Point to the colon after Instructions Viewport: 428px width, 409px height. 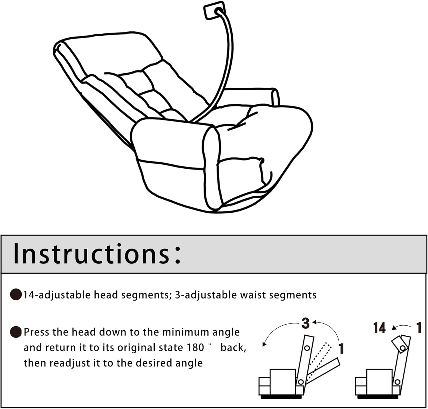[x=177, y=254]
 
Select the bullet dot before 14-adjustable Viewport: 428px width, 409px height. [x=16, y=295]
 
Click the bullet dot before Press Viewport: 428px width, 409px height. [x=16, y=332]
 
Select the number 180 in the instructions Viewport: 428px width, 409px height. [x=195, y=348]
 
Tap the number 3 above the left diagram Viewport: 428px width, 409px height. [x=305, y=323]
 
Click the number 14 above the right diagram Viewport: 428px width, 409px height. [x=379, y=328]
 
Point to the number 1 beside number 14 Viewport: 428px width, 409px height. [x=419, y=328]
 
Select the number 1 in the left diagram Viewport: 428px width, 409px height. [x=341, y=349]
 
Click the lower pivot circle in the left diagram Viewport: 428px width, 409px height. [x=300, y=382]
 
